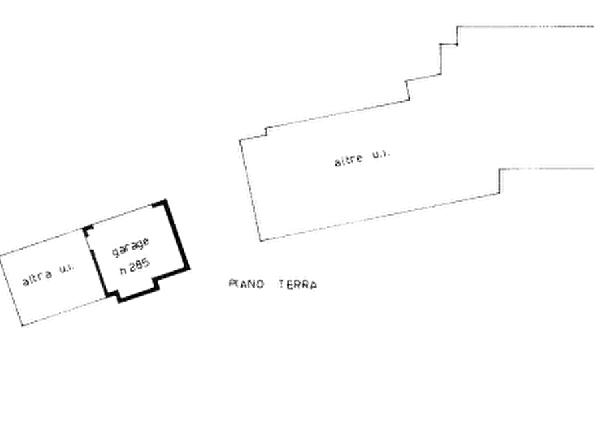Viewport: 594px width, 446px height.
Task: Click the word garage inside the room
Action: click(x=130, y=247)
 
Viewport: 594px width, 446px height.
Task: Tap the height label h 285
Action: click(x=135, y=266)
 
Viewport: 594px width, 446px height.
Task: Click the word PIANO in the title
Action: click(x=246, y=284)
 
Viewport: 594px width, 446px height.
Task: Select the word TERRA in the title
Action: click(x=298, y=284)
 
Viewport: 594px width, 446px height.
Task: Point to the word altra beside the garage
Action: click(x=37, y=278)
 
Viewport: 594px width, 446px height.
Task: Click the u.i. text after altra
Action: click(x=67, y=268)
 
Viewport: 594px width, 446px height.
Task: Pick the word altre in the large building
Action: click(x=349, y=159)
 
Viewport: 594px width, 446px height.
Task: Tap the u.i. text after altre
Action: click(x=380, y=154)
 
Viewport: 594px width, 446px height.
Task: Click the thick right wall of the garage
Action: click(x=176, y=235)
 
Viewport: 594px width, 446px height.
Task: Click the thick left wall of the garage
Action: click(x=99, y=272)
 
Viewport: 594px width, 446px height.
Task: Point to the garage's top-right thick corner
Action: click(x=164, y=202)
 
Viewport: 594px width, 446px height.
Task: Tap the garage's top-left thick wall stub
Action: click(x=88, y=229)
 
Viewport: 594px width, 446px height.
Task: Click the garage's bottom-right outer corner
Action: click(x=188, y=269)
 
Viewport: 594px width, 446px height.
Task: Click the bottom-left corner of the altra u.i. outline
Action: click(x=22, y=325)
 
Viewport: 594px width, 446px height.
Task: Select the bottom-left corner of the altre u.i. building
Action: click(x=261, y=240)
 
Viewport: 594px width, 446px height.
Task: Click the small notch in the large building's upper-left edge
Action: click(x=266, y=132)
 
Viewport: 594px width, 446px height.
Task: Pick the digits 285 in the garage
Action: click(x=140, y=264)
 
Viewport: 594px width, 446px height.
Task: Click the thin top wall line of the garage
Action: click(x=122, y=216)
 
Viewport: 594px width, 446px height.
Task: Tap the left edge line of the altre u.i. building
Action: click(x=250, y=190)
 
